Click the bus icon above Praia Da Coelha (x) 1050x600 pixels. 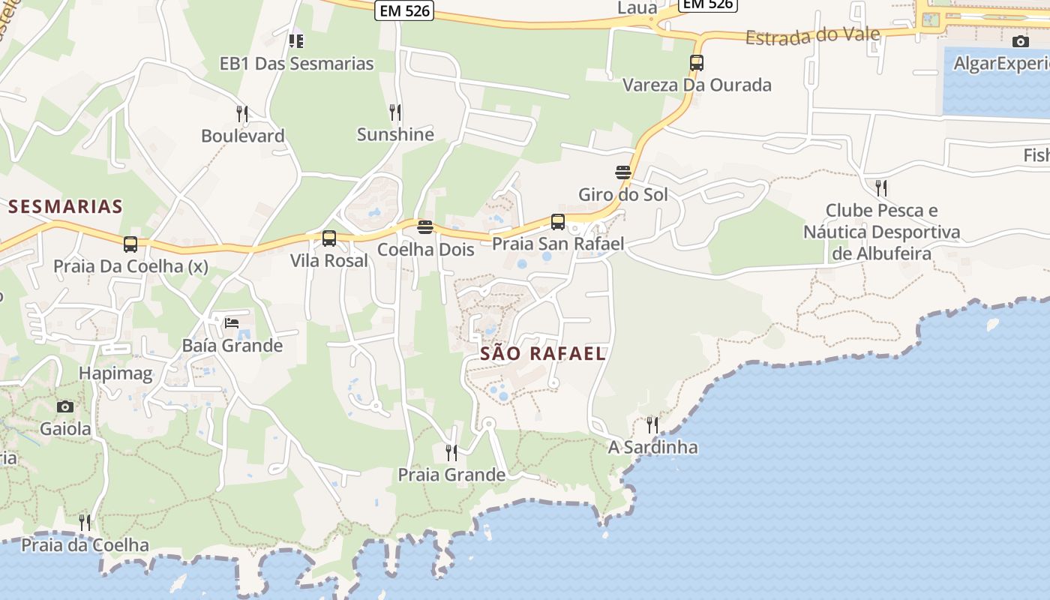coord(130,244)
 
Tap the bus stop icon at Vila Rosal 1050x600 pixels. coord(328,239)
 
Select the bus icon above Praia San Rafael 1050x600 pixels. coord(557,222)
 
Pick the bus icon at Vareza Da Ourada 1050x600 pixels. coord(697,63)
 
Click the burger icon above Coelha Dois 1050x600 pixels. coord(425,226)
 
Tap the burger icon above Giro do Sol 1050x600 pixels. coord(622,172)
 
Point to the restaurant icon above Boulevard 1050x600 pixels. coord(242,114)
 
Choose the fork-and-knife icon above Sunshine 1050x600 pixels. coord(395,112)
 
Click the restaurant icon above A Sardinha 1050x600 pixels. coord(652,425)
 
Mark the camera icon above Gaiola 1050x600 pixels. coord(65,406)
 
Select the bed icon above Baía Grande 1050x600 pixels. coord(232,323)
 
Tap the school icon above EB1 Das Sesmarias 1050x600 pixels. coord(296,40)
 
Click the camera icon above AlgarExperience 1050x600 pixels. coord(1020,41)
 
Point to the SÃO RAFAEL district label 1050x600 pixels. coord(542,354)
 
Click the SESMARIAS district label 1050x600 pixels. coord(65,206)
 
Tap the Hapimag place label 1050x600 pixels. coord(115,373)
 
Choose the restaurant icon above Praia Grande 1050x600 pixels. coord(451,453)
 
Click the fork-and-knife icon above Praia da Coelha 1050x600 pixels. coord(85,523)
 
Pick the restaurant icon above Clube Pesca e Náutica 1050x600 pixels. coord(881,187)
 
